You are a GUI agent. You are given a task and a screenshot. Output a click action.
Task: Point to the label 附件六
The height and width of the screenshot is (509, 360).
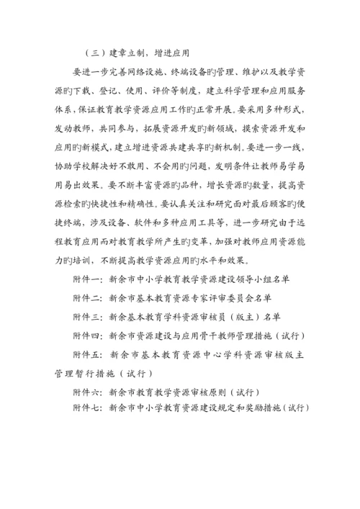tap(86, 392)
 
